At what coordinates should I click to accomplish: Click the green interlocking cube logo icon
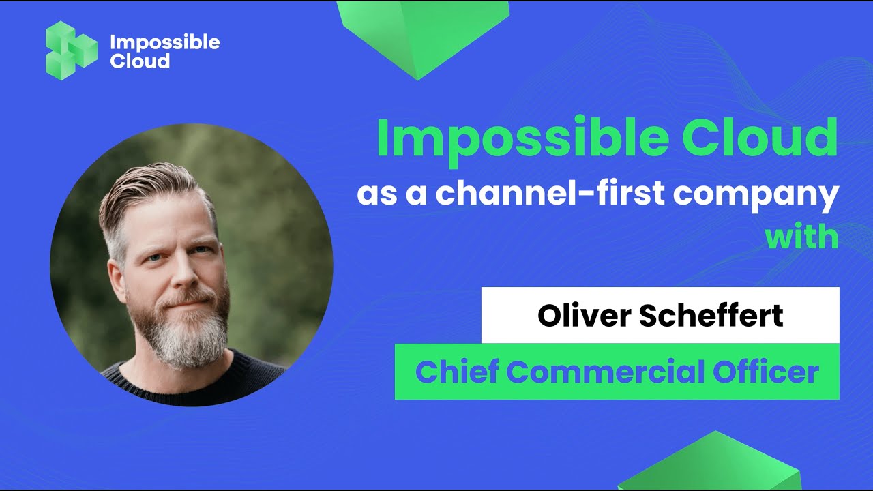(71, 50)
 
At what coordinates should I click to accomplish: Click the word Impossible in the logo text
(165, 42)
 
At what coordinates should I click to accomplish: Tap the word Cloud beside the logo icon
(140, 61)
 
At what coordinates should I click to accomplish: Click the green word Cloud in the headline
(760, 138)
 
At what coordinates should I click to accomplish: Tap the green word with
(801, 237)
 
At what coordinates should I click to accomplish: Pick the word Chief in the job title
(456, 372)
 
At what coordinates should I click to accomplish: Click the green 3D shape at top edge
(423, 34)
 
